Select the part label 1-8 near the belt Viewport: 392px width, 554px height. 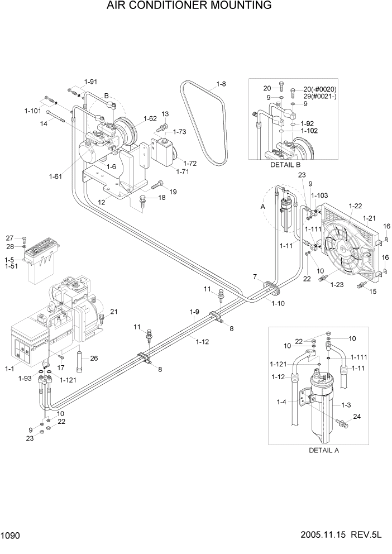click(221, 84)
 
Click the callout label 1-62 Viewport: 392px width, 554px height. click(150, 118)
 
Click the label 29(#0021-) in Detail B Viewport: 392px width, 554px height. click(320, 97)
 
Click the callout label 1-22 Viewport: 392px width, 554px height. click(356, 206)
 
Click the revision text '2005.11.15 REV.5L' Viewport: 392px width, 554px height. click(345, 536)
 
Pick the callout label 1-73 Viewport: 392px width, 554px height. click(179, 132)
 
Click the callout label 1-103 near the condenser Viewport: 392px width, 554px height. click(319, 195)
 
